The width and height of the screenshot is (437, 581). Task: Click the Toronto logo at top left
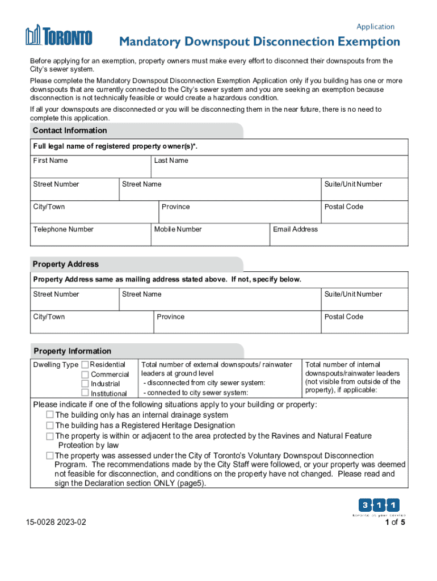pos(58,36)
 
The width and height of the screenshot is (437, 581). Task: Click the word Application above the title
pos(375,27)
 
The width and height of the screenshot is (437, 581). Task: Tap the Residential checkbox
pos(85,364)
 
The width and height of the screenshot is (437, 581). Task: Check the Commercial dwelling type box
pos(85,374)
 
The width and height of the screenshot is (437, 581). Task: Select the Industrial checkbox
pos(85,384)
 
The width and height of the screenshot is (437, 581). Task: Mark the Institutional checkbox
pos(85,393)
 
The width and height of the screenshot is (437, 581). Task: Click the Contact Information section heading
pos(70,130)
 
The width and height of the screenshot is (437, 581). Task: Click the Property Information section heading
pos(72,351)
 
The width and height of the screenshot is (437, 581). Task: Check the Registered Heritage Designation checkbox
pos(50,426)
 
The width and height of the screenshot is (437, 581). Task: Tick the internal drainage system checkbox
pos(50,415)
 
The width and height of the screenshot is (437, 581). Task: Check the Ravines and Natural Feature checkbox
pos(50,436)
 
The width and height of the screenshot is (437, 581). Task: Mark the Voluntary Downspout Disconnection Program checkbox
pos(50,456)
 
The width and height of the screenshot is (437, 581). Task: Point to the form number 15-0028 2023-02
pos(56,523)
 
